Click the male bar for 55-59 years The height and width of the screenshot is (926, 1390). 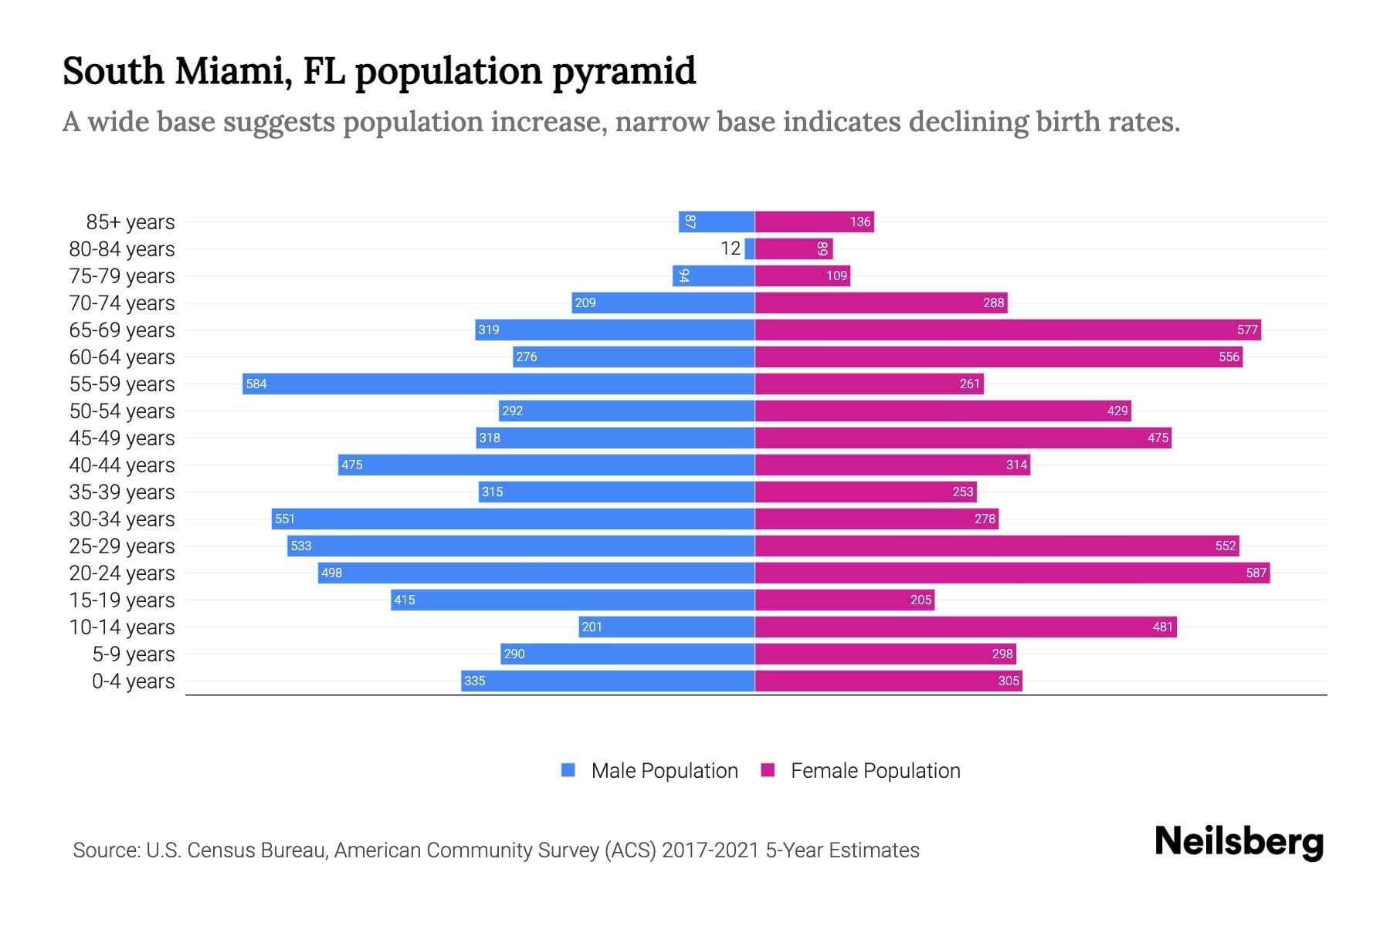(498, 384)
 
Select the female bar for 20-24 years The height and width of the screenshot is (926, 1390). (1012, 573)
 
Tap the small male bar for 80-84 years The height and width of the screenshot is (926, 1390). (750, 248)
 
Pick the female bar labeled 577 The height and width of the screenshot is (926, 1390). (1008, 330)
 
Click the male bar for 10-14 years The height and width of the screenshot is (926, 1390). (666, 627)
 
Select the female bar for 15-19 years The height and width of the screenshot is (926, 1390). (844, 600)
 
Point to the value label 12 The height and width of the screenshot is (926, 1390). (731, 248)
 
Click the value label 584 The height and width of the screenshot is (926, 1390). (256, 384)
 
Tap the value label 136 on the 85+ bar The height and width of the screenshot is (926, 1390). (860, 221)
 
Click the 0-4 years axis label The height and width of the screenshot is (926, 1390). (133, 681)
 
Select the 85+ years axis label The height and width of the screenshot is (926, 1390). (130, 222)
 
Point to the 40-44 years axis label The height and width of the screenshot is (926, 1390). (122, 465)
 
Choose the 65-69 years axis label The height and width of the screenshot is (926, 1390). (122, 330)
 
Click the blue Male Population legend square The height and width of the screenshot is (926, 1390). (568, 770)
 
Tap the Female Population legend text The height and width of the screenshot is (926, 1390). (875, 771)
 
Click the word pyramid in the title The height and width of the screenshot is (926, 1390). (624, 71)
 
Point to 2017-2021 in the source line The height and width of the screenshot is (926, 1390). (710, 850)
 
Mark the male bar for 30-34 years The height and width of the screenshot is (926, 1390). (513, 519)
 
